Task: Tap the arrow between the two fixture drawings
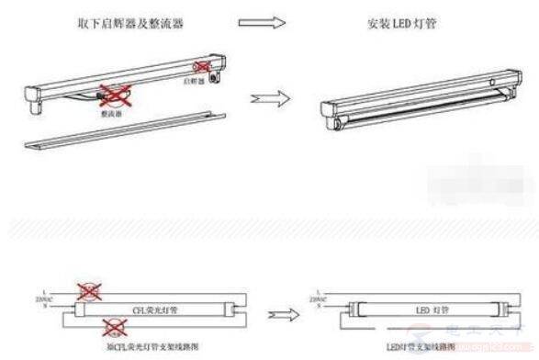(x=264, y=96)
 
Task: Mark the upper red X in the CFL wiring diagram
(x=89, y=292)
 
